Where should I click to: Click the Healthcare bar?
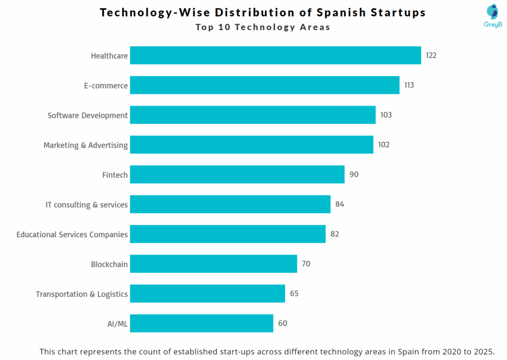point(275,55)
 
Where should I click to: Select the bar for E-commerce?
point(264,85)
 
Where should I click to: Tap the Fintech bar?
point(237,174)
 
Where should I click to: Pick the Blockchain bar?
point(213,264)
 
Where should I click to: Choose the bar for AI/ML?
point(202,323)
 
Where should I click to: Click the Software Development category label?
point(88,115)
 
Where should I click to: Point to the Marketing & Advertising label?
point(86,145)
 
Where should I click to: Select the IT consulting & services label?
point(87,205)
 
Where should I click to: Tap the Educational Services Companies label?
point(72,234)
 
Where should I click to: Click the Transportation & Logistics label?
point(82,294)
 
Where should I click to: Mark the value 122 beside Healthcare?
point(431,55)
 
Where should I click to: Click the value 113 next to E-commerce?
point(409,85)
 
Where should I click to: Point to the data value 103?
point(386,115)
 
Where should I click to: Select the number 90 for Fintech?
point(354,174)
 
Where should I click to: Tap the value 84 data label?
point(339,204)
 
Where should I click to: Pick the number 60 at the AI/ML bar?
point(282,323)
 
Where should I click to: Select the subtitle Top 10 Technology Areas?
point(262,27)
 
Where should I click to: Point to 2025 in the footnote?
point(483,352)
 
